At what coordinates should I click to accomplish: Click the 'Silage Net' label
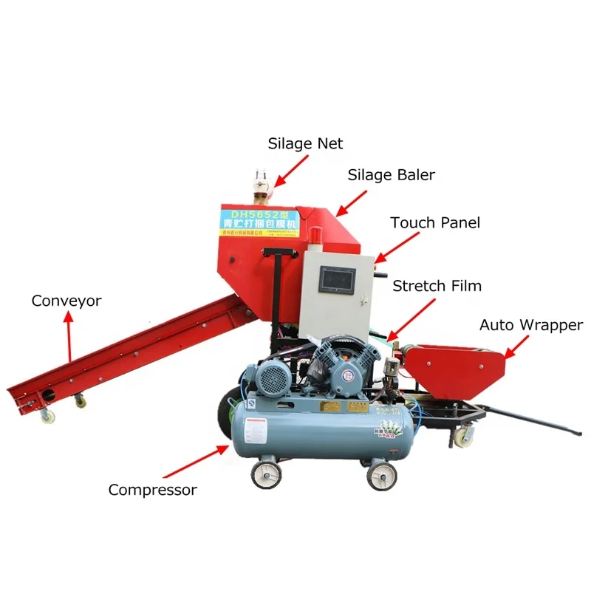coord(305,143)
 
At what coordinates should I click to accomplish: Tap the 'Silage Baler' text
coord(392,175)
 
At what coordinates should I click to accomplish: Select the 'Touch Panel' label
coord(435,222)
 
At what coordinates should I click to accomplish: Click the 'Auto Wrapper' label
coord(531,325)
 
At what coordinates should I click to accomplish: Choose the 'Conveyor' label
coord(66,301)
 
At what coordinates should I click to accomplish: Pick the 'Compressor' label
coord(153,489)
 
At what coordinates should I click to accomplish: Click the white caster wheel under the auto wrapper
coord(462,437)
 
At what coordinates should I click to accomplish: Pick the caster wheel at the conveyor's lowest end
coord(47,416)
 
